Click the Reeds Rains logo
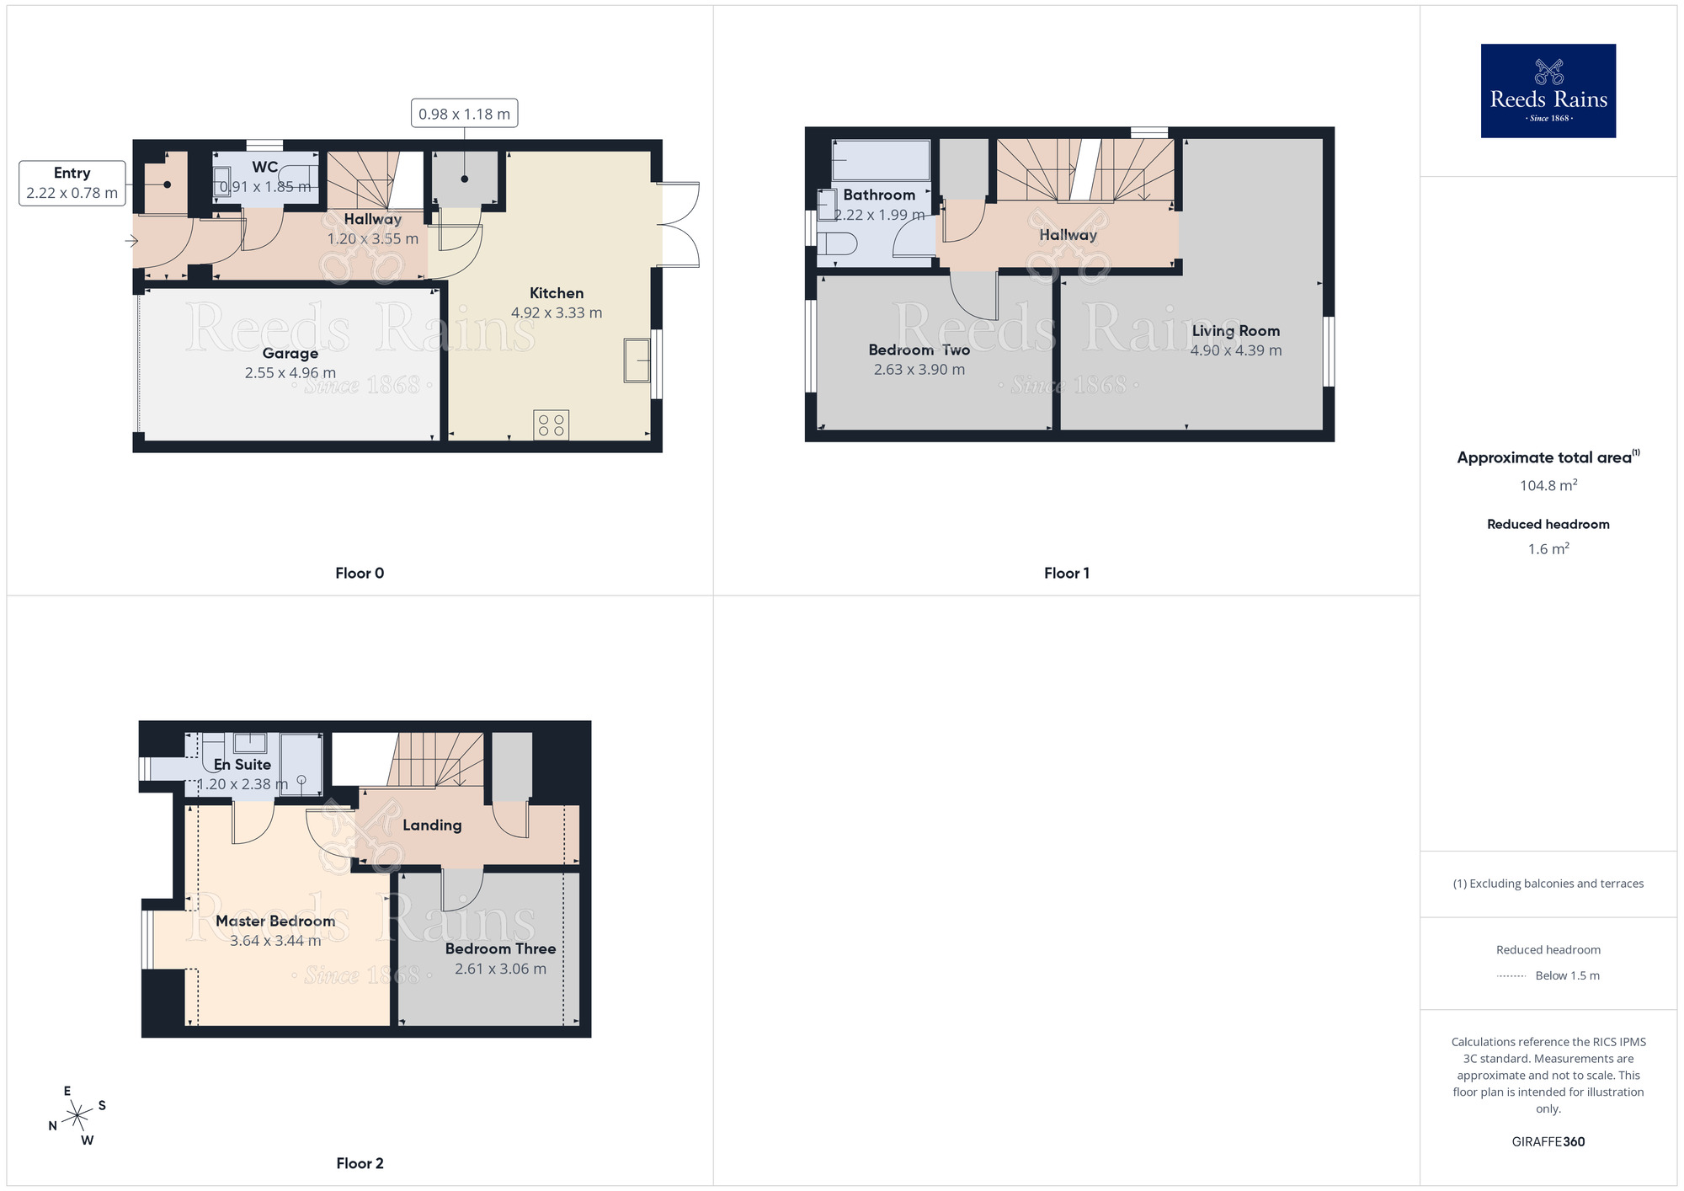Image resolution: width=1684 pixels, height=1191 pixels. (x=1548, y=91)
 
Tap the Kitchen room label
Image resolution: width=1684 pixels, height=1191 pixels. (x=556, y=293)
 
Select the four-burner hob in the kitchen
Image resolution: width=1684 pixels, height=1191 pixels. (x=552, y=425)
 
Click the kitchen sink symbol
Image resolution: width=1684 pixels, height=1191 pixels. (x=637, y=361)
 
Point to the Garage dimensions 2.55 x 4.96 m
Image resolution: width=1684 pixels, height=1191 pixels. (x=290, y=373)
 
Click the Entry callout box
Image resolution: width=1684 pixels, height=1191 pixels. (x=72, y=183)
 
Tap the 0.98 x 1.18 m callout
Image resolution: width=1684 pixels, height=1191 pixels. (x=464, y=114)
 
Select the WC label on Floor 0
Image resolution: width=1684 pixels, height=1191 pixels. (x=264, y=167)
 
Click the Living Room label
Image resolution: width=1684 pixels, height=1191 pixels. (x=1235, y=331)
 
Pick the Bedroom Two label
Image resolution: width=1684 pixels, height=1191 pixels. (x=919, y=350)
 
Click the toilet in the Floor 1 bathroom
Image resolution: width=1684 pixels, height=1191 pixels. (x=837, y=244)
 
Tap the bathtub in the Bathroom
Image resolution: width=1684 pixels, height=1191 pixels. (x=881, y=160)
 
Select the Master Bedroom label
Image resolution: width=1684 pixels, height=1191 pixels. (x=275, y=921)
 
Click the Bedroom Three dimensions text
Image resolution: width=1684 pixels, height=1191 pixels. (x=500, y=969)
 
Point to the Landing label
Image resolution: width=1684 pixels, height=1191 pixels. (x=432, y=825)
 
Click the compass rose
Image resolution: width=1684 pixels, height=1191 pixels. (x=77, y=1116)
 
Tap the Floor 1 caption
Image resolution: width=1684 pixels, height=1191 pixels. (x=1066, y=573)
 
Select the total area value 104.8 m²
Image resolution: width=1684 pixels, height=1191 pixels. (x=1548, y=485)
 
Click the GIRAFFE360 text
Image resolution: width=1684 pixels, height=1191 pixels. (x=1548, y=1142)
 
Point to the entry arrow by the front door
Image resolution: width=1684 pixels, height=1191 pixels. (x=131, y=241)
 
